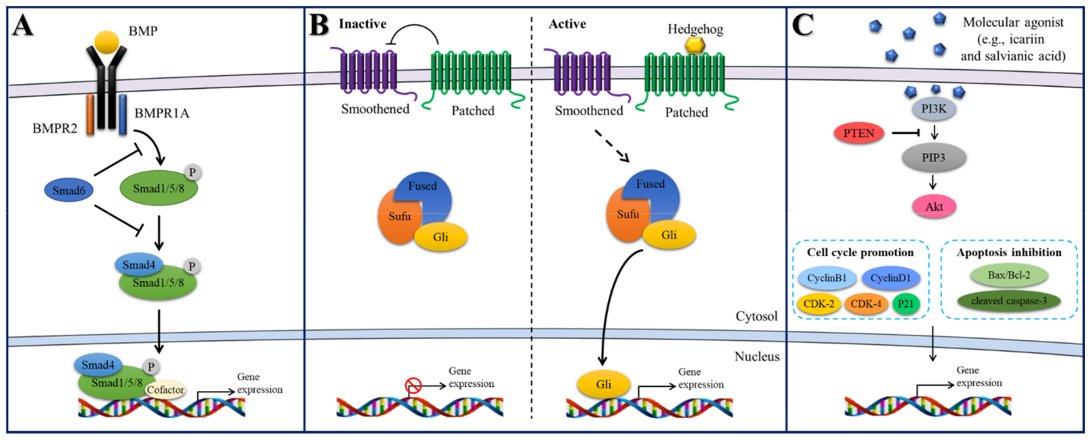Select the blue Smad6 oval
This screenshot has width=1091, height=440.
69,190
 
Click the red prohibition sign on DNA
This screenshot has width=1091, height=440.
413,385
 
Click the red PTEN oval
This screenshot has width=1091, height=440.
859,133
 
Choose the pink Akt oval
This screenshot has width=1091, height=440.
934,207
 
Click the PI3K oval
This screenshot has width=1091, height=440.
933,109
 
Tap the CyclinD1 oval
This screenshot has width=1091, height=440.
890,278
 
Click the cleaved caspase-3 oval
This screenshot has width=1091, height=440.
1008,301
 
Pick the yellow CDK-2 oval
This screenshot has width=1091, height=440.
819,304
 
